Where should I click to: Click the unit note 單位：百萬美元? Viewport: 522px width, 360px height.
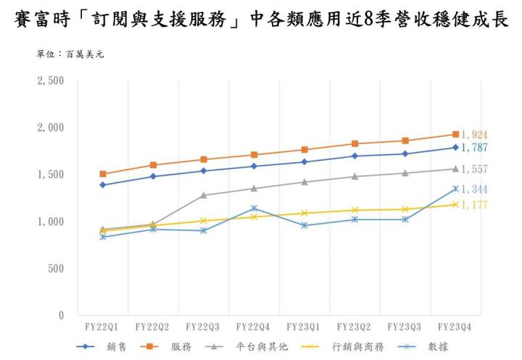[x=70, y=54]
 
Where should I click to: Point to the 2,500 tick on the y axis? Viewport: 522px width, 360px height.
[x=51, y=81]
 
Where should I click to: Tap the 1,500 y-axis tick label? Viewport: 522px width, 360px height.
[x=51, y=175]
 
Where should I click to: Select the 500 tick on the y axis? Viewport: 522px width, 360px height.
[x=56, y=269]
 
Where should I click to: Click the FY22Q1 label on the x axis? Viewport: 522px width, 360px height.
[x=102, y=327]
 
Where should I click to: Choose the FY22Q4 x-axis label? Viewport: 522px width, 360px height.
[x=253, y=327]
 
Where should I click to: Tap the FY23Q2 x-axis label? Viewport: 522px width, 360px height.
[x=355, y=327]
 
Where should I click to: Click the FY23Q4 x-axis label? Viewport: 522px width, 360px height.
[x=455, y=327]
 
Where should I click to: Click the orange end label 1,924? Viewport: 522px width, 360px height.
[x=474, y=135]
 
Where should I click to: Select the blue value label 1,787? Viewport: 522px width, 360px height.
[x=474, y=148]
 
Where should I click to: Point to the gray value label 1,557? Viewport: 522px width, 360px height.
[x=474, y=169]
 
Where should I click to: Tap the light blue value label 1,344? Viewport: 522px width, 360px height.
[x=474, y=190]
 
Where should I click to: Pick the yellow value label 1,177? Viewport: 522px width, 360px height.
[x=474, y=205]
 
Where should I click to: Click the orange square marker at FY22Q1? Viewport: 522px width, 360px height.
[x=103, y=174]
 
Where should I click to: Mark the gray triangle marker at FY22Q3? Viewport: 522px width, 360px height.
[x=204, y=195]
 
